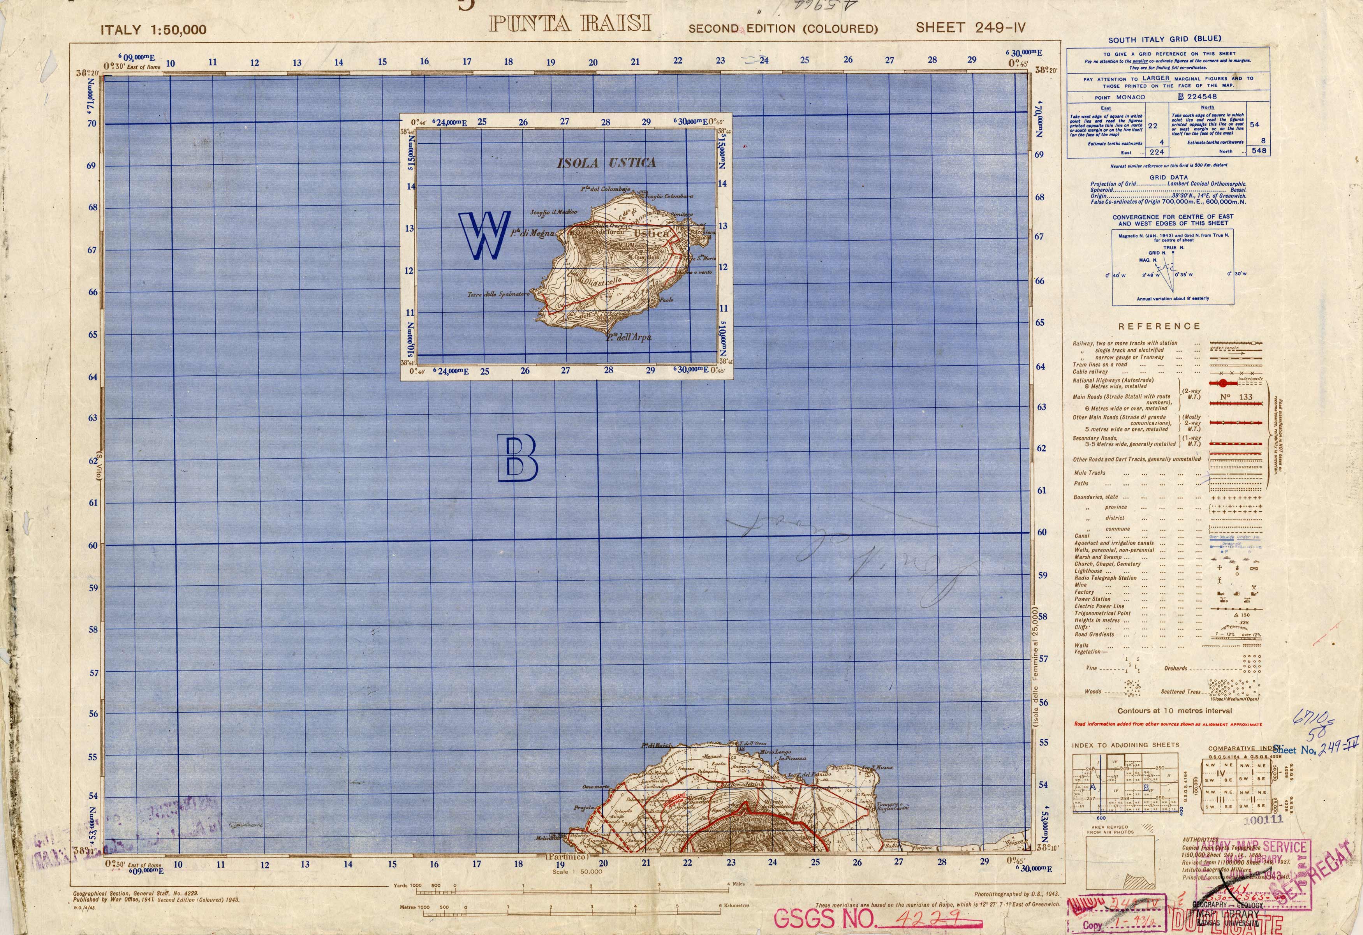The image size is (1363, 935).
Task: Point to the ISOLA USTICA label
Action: (x=606, y=163)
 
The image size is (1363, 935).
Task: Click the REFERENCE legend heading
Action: (x=1159, y=326)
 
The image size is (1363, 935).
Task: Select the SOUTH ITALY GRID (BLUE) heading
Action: (x=1164, y=39)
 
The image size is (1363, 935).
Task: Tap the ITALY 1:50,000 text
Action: (x=153, y=30)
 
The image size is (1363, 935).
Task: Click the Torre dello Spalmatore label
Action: (x=498, y=294)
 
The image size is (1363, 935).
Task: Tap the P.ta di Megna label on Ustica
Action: (x=531, y=233)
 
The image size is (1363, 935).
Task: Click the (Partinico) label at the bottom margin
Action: (x=567, y=856)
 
